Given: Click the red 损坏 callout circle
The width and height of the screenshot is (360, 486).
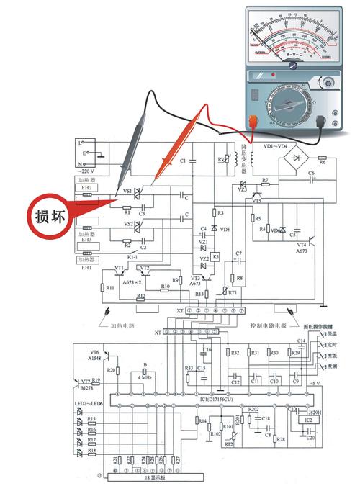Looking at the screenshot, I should point(51,215).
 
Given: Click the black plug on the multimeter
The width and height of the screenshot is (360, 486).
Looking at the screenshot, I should point(333,123).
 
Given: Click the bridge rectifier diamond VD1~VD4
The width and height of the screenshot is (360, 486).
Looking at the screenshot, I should point(293,158).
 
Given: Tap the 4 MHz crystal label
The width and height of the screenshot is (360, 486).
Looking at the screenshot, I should point(145,377).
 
